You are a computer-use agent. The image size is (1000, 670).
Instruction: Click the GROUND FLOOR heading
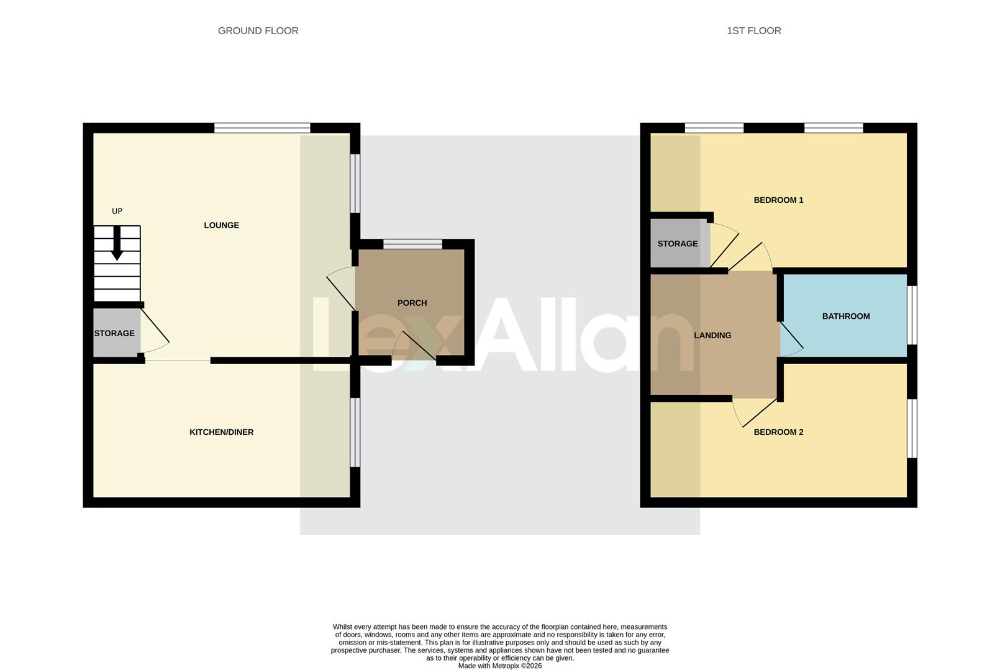point(258,30)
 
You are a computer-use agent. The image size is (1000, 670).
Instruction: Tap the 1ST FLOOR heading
point(753,30)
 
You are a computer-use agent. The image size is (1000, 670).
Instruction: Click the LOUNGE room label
point(221,225)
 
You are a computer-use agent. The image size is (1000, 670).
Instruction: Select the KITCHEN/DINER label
point(221,432)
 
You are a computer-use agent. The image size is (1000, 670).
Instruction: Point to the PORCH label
point(412,303)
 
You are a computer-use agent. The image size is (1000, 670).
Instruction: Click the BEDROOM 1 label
point(778,200)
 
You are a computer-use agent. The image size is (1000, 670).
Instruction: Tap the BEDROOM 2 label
point(778,432)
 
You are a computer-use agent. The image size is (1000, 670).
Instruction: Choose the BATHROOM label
point(845,316)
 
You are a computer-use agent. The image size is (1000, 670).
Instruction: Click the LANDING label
point(712,335)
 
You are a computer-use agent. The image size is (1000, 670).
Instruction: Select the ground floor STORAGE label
point(114,333)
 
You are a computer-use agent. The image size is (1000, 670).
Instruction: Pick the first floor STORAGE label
point(677,244)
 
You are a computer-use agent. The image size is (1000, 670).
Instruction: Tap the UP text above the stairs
point(117,211)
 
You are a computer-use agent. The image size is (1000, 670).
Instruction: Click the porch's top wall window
point(412,244)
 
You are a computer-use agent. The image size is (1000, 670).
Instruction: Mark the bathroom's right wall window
point(912,315)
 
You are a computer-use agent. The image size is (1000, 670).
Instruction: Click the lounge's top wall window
point(262,128)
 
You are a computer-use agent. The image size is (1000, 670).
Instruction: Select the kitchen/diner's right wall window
point(355,432)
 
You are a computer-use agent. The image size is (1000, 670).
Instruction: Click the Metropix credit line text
point(499,666)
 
